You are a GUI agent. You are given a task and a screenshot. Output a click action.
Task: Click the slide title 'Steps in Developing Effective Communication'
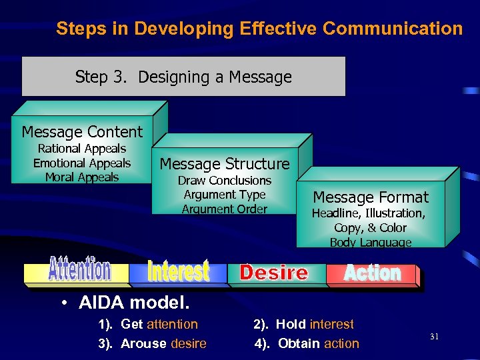259,29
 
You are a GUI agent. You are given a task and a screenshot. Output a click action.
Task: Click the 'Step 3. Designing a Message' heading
183,77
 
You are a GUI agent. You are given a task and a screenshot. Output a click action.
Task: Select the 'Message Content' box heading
82,132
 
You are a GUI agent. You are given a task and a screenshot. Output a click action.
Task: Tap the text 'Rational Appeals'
82,149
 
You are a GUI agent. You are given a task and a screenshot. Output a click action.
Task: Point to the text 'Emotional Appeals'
82,163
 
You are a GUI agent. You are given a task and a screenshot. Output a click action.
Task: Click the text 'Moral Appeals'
82,177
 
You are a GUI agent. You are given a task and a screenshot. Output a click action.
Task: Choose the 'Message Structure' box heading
225,164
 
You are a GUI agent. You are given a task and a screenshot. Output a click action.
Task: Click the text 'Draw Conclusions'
225,181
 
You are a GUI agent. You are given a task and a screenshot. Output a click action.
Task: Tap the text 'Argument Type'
225,195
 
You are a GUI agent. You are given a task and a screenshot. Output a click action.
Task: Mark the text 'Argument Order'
225,209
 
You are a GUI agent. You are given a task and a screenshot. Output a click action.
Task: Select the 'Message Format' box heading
371,197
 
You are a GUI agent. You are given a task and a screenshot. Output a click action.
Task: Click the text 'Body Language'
371,242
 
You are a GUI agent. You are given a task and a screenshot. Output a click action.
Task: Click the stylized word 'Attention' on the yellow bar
79,269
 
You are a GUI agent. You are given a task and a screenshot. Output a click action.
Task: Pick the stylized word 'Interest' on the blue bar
178,271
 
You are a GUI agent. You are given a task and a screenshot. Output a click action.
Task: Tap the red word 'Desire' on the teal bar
274,273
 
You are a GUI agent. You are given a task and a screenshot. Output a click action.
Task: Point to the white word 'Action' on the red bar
373,273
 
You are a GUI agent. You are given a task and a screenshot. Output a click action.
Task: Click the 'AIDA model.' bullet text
134,303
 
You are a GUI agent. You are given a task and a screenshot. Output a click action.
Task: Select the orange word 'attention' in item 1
172,325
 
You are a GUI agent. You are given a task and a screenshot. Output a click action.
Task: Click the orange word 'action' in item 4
341,344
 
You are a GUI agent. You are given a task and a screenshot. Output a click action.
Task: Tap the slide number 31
435,337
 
